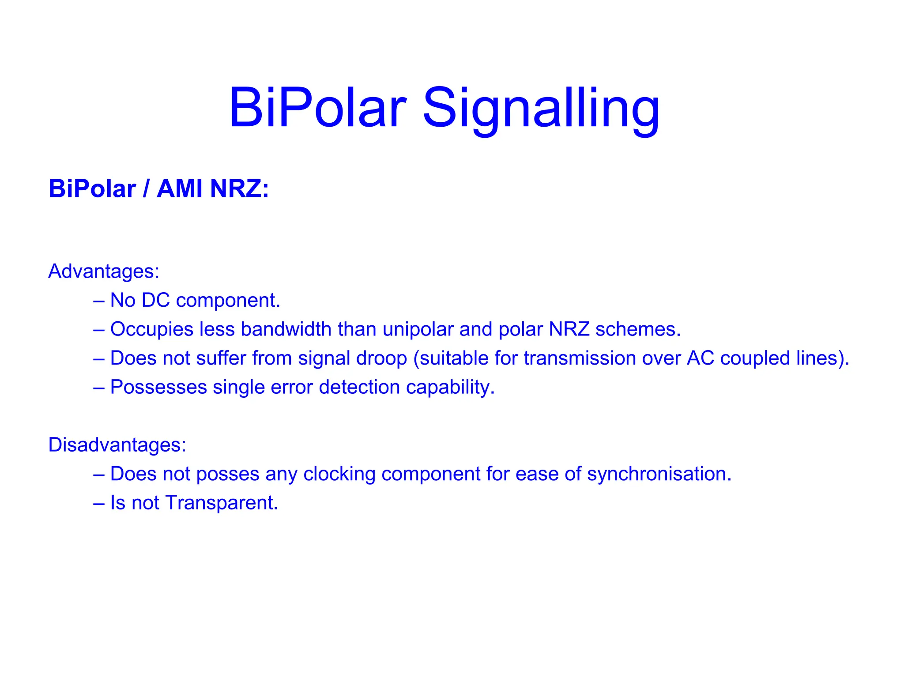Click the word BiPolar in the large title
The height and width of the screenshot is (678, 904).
coord(317,108)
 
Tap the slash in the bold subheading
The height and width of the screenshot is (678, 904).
coord(146,189)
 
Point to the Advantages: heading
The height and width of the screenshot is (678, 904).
coord(104,271)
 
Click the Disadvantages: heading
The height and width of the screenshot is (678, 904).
coord(117,444)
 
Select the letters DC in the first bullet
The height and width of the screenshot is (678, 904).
coord(155,300)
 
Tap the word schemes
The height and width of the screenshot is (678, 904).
coord(638,329)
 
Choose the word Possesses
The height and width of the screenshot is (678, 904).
coord(158,387)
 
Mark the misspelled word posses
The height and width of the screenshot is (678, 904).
coord(227,474)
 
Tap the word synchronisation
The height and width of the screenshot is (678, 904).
coord(659,474)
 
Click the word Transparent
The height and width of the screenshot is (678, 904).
coord(222,503)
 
